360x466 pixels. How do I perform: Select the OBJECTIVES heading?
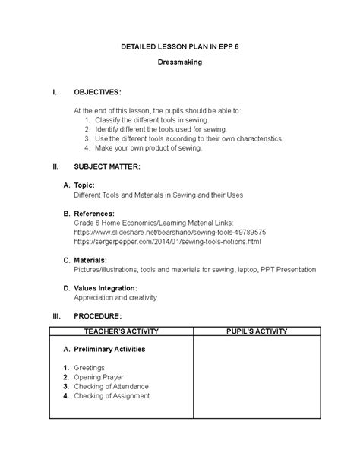[96, 91]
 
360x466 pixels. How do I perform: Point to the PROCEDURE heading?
[99, 315]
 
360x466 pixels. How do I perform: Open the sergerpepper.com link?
[167, 241]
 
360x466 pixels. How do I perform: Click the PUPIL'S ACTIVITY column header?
[256, 331]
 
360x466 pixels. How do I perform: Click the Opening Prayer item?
[99, 377]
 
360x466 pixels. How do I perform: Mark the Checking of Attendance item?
[111, 386]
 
